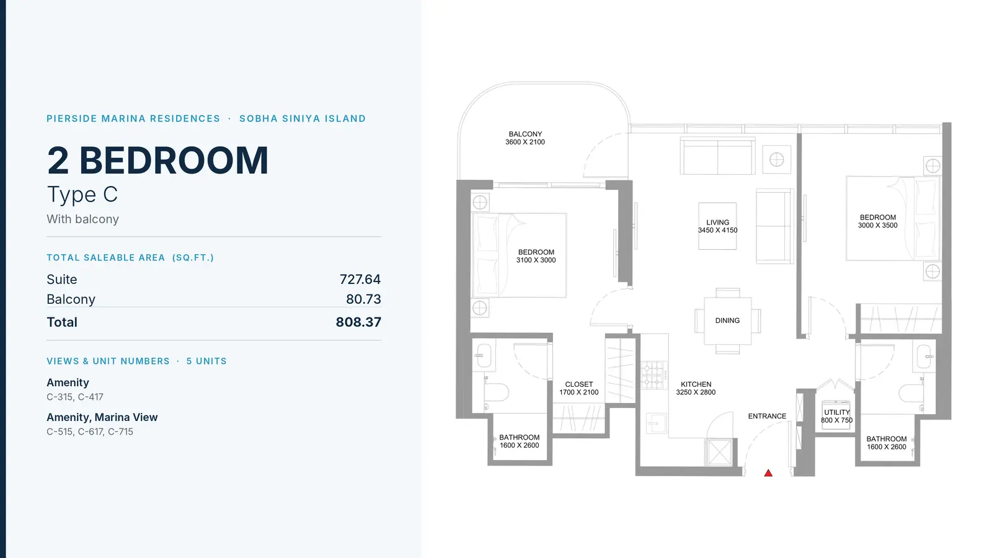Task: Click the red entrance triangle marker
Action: tap(768, 474)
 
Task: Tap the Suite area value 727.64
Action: tap(360, 280)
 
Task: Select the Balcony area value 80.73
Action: tap(363, 299)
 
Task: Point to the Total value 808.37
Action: tap(358, 322)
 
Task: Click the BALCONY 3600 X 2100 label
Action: tap(525, 138)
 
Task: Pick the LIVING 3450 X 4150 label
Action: tap(717, 226)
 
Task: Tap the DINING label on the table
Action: tap(727, 321)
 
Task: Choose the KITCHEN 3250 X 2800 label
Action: tap(696, 388)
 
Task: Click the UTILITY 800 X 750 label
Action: tap(836, 416)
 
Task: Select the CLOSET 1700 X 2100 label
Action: tap(579, 388)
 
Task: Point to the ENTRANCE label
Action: tap(767, 416)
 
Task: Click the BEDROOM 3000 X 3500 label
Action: tap(878, 221)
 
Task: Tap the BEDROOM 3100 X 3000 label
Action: tap(536, 256)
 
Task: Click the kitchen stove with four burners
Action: tap(653, 375)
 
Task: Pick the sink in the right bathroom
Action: tap(924, 356)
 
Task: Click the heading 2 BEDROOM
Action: tap(157, 161)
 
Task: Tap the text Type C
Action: tap(82, 195)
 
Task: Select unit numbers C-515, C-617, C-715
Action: tap(90, 432)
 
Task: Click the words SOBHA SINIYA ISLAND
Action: tap(303, 118)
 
